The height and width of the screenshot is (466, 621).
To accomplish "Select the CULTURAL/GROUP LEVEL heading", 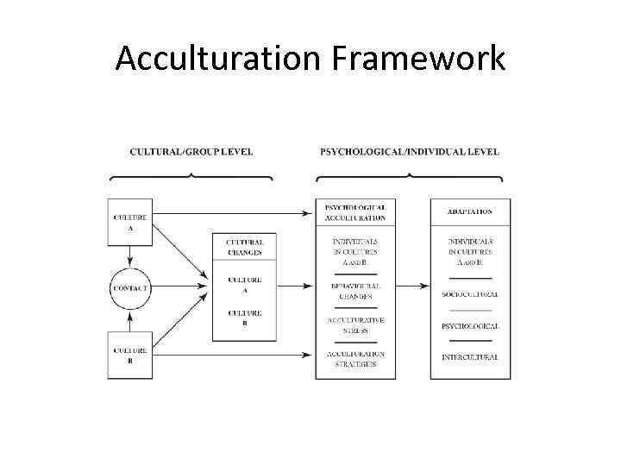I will pos(191,152).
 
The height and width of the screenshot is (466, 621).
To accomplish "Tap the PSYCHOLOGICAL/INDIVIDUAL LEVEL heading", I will pos(409,152).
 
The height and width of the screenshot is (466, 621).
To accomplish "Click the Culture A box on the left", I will pos(129,223).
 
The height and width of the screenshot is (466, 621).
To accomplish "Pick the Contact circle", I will pos(129,287).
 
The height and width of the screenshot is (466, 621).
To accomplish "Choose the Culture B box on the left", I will pos(129,355).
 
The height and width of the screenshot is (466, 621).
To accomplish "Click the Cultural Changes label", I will pos(245,248).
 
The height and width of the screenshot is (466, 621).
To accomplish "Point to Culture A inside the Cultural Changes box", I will pos(245,285).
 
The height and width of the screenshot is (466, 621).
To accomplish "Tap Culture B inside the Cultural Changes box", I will pos(245,318).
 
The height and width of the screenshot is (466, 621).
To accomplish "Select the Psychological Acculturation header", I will pos(355,212).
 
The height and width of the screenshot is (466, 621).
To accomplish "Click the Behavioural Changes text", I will pos(355,290).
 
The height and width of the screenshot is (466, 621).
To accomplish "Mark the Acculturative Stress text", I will pos(355,324).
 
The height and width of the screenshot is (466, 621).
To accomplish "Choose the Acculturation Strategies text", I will pos(355,359).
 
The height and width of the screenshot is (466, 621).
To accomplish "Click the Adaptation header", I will pos(470,211).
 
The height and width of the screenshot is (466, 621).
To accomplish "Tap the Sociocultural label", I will pos(470,294).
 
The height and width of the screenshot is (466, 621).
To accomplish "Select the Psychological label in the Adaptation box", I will pos(470,326).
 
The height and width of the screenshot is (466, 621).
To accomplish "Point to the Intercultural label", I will pos(470,357).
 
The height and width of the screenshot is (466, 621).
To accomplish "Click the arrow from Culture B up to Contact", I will pos(129,321).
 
